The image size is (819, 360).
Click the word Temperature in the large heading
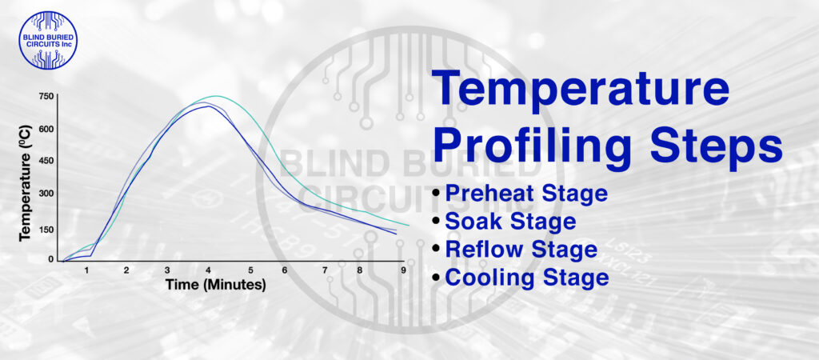pos(581,90)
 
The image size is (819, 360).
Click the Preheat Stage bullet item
pos(525,193)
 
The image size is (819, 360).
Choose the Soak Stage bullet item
pos(510,221)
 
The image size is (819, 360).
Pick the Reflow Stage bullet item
pos(521,250)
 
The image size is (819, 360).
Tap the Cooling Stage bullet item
pos(526,278)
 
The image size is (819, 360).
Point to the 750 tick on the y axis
pos(46,97)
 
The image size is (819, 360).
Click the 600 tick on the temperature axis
pos(46,128)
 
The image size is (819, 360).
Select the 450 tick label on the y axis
pos(46,160)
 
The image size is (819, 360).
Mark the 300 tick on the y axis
pos(46,193)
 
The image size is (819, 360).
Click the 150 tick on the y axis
pos(46,230)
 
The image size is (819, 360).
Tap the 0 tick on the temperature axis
pos(51,259)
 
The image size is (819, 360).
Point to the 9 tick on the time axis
pos(403,270)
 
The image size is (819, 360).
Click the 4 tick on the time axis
pos(209,270)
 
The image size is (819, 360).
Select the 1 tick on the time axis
pos(86,270)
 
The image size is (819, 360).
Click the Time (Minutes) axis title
pos(215,285)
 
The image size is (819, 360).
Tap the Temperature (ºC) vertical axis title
pos(24,178)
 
